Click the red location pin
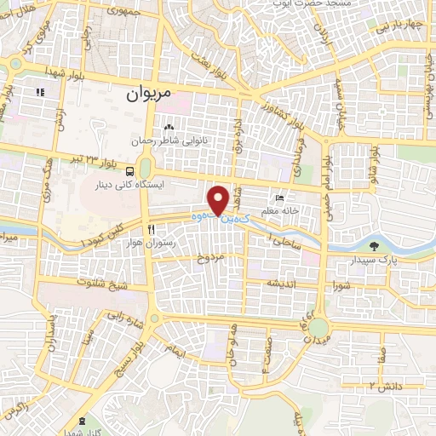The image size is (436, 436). click(220, 201)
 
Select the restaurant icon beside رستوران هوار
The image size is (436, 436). click(150, 229)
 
